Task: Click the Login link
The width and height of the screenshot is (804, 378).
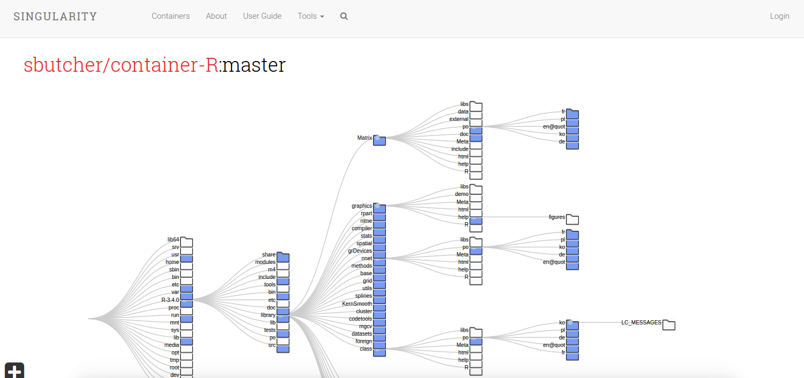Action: tap(779, 16)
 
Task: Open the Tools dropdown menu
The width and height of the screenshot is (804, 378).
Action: tap(311, 16)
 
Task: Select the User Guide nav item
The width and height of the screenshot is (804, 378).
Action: tap(262, 16)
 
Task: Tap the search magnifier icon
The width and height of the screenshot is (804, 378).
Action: tap(344, 16)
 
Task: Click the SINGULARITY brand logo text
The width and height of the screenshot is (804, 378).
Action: tap(55, 17)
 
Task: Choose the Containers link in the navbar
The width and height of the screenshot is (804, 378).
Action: tap(170, 16)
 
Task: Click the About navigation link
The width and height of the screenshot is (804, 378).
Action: tap(216, 16)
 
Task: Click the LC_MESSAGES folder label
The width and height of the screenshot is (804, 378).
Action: tap(641, 322)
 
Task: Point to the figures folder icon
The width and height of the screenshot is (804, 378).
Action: tap(572, 219)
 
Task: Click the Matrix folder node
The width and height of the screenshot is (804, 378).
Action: tap(379, 140)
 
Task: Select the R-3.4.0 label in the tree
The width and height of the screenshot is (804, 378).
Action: tap(170, 300)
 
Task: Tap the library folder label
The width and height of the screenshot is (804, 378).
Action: tap(268, 315)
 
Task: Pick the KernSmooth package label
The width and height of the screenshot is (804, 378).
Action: tap(357, 304)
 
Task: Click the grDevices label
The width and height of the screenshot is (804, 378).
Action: tap(360, 251)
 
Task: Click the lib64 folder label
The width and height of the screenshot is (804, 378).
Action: tap(173, 239)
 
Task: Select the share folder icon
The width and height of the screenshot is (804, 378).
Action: tap(283, 258)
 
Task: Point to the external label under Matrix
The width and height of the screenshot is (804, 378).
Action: tap(459, 119)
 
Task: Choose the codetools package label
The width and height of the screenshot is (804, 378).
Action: tap(360, 319)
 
